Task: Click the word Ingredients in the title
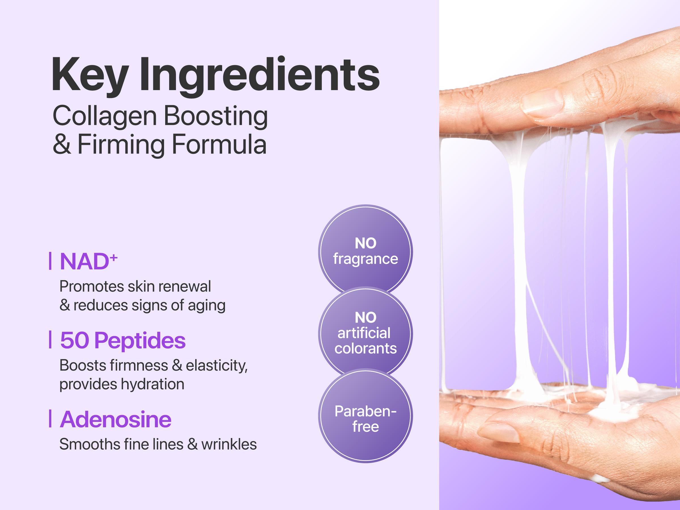click(260, 75)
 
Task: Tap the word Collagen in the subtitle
click(105, 116)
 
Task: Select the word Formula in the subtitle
click(219, 144)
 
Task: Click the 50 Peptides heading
click(123, 340)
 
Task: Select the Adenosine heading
click(115, 419)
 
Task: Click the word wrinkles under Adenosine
click(229, 445)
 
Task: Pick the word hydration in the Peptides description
click(152, 384)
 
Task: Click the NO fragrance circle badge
click(365, 251)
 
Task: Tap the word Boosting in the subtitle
click(215, 116)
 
